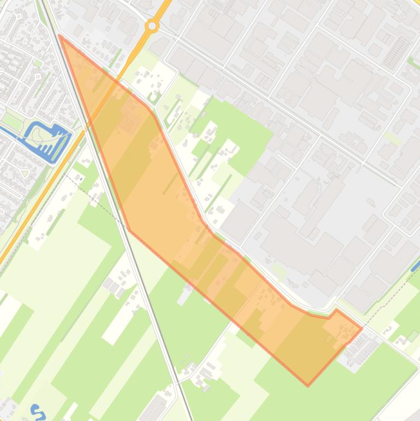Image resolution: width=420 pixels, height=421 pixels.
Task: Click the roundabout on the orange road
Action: (152, 26)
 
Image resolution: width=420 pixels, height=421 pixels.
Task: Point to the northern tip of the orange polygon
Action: (60, 36)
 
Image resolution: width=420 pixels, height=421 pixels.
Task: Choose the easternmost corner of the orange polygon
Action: (362, 329)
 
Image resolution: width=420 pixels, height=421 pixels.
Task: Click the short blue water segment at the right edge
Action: (416, 266)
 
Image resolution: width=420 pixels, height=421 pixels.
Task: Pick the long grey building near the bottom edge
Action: (155, 408)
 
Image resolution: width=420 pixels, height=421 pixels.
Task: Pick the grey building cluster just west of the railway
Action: (112, 285)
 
